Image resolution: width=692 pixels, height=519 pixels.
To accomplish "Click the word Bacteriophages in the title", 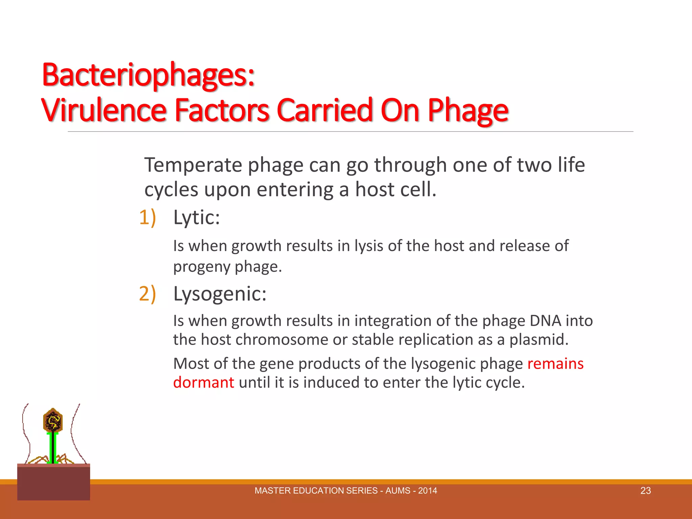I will click(x=148, y=75).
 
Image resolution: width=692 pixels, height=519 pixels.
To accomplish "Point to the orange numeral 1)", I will click(x=147, y=217).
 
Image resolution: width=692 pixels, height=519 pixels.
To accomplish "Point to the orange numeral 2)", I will click(x=147, y=293).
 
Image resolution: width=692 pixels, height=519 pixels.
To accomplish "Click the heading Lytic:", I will click(x=196, y=217).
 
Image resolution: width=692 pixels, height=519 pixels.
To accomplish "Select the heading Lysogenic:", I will click(x=220, y=293).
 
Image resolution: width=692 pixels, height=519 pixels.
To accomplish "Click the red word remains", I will click(x=555, y=364).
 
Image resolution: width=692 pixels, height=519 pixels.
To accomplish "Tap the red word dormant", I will click(x=203, y=383).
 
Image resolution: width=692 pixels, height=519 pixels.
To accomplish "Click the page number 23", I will click(x=645, y=491).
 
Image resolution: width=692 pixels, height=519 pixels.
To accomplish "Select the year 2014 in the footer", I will click(x=427, y=491).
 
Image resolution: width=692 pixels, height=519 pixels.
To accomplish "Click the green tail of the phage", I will click(x=53, y=448).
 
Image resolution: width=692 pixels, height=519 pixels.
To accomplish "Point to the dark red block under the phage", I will click(x=53, y=483).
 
